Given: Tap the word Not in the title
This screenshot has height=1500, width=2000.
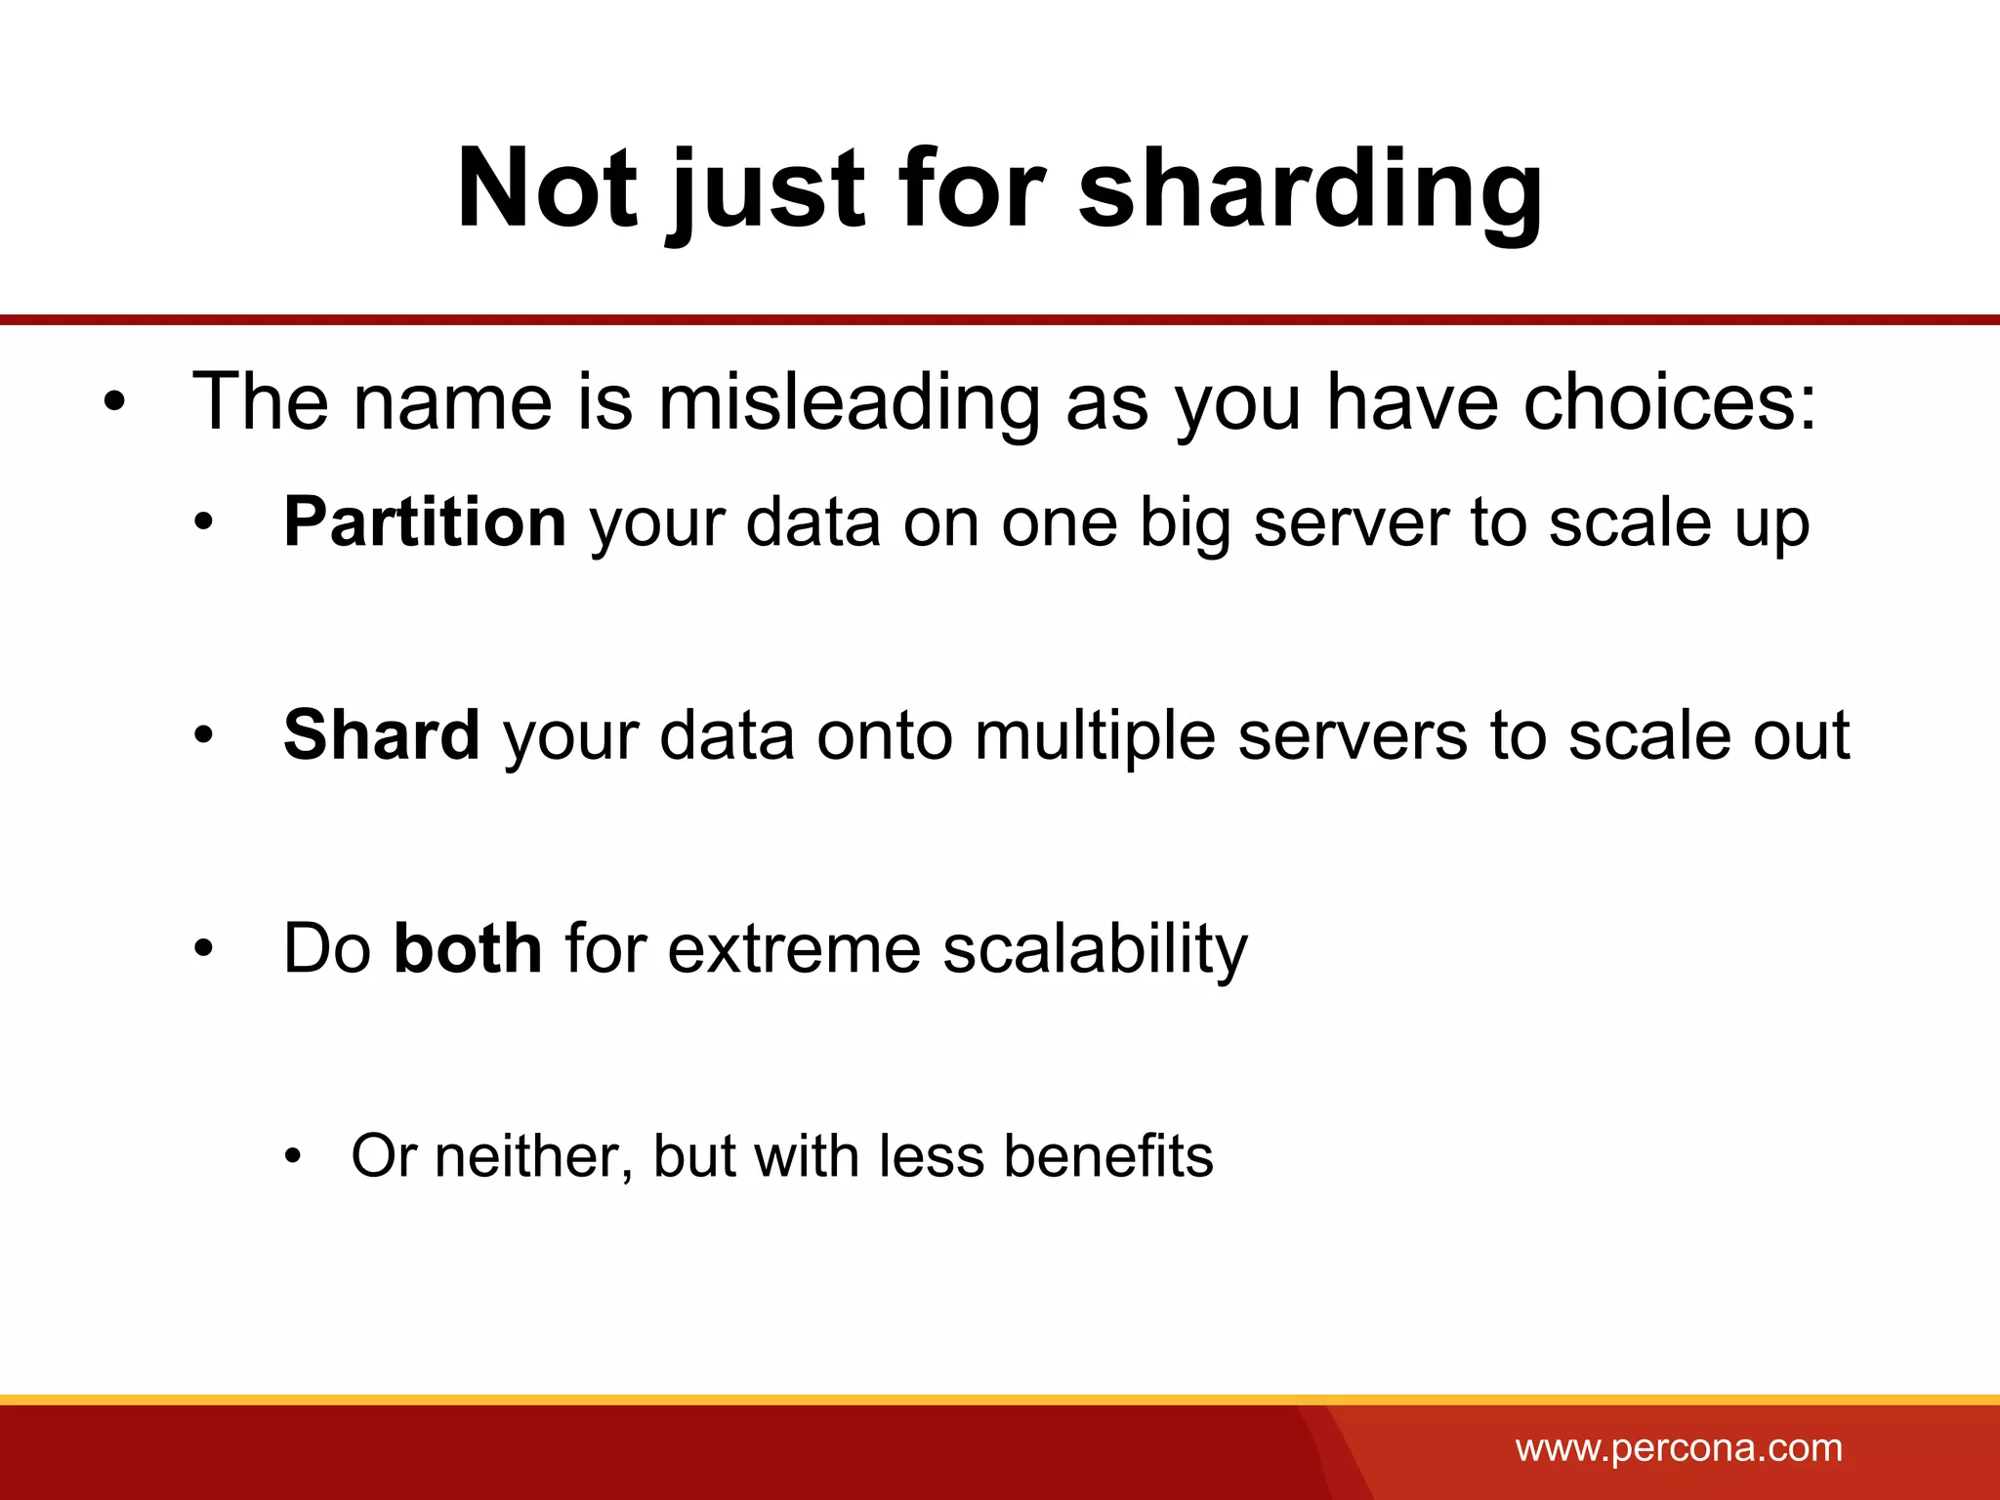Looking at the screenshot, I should coord(547,187).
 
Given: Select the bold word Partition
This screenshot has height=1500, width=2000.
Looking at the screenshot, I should coord(425,522).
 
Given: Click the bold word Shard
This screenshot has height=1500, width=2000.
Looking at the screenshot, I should coord(381,734).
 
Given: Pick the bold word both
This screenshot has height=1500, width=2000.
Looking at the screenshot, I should coord(468,948).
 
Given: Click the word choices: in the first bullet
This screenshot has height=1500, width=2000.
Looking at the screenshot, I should coord(1670,402).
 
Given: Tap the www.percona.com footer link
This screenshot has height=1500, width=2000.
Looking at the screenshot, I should coord(1679,1447).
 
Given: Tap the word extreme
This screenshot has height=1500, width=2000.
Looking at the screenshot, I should coord(794,949).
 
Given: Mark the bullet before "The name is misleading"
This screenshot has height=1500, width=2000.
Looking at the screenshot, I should coord(114,402).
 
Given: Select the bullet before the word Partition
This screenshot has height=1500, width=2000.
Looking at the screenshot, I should coord(202,524).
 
